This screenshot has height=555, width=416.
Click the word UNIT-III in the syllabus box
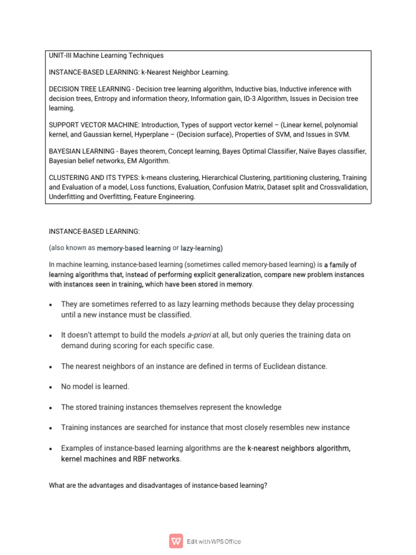(x=61, y=55)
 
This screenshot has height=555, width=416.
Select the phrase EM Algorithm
(x=147, y=160)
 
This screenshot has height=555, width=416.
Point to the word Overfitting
(x=110, y=197)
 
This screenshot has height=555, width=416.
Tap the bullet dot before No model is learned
(x=50, y=387)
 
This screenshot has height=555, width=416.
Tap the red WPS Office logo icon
(x=176, y=541)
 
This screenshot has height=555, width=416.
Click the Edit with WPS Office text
(x=214, y=541)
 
